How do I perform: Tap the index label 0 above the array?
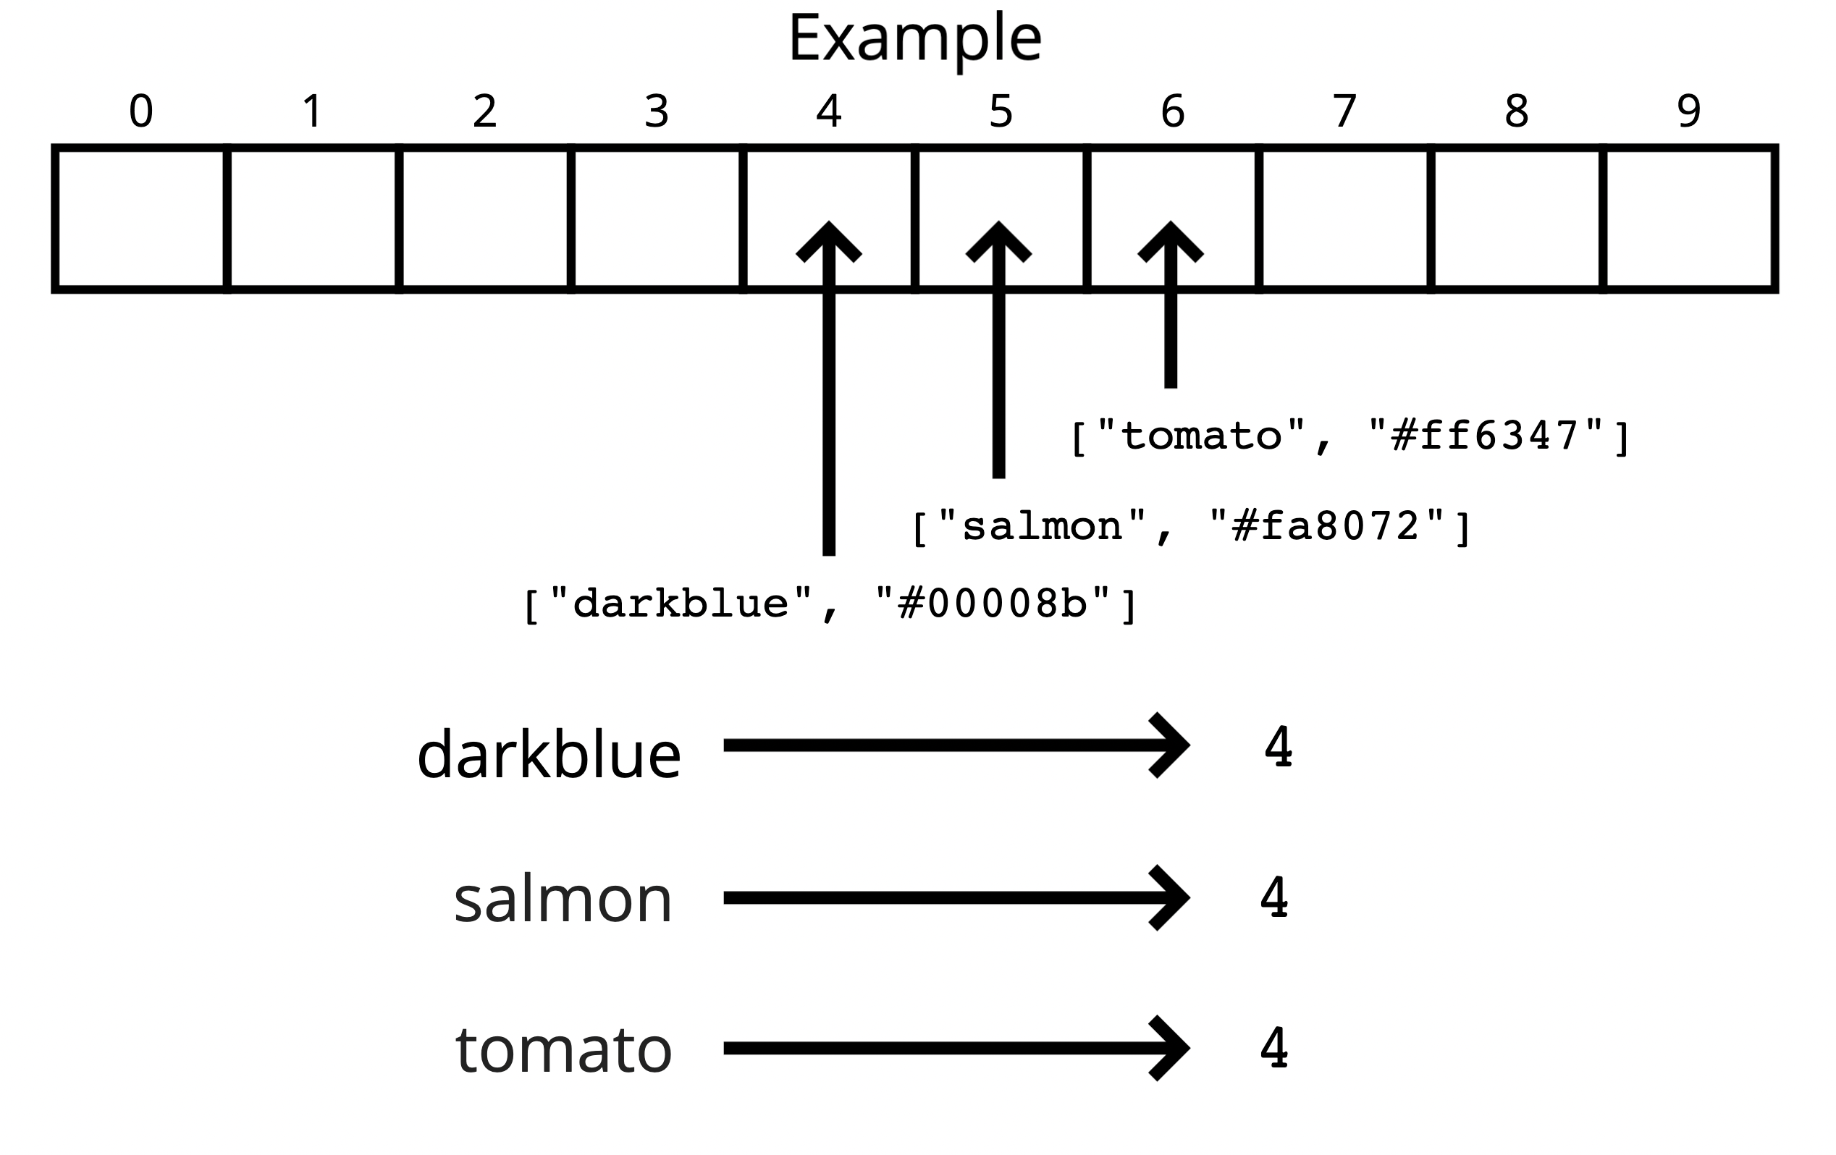[141, 111]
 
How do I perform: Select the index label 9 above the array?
[1689, 111]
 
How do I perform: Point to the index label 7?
[1345, 111]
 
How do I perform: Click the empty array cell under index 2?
[485, 219]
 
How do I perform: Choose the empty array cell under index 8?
[1517, 219]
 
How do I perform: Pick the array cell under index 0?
[141, 219]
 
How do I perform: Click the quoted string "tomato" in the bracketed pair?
[1201, 436]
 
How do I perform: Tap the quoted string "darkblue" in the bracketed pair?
[681, 604]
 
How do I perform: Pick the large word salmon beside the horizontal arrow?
[563, 900]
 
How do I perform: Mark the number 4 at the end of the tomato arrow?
[1274, 1049]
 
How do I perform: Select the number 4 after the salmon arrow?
[1274, 897]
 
